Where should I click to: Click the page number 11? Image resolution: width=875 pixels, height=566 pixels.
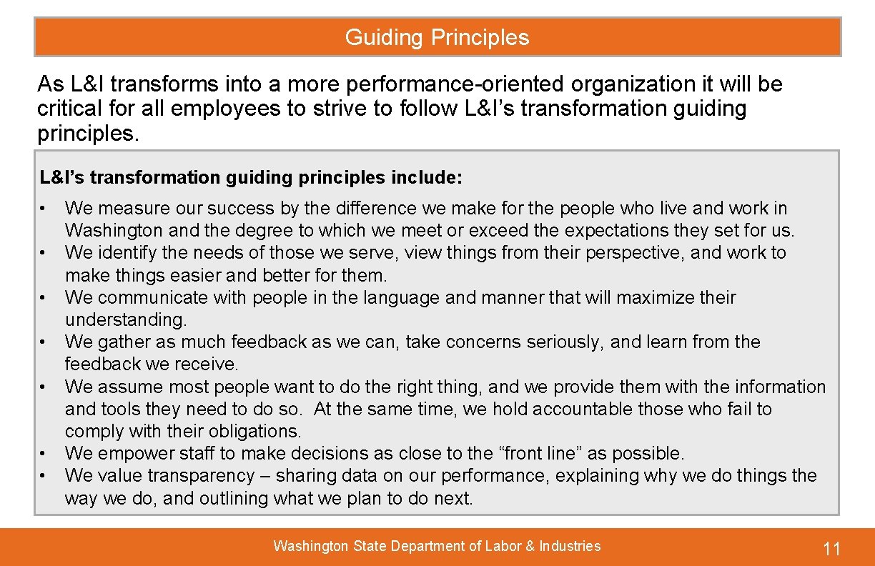[x=831, y=549]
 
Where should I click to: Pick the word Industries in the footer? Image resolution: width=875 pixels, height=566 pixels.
[x=570, y=547]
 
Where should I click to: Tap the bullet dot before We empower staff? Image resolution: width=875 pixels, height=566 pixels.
[x=44, y=454]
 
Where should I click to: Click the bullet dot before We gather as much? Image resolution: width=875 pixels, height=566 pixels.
[x=44, y=342]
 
